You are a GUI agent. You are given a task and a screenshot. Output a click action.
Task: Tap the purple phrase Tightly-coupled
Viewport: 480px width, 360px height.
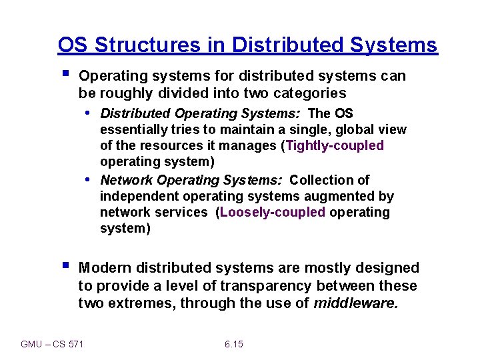tap(335, 145)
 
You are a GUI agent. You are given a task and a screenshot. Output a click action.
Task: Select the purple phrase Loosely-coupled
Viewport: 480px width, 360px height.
tap(273, 212)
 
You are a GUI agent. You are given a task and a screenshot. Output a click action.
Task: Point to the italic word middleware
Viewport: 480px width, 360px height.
tap(356, 303)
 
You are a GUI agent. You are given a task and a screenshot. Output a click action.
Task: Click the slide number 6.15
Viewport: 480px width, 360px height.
tap(233, 344)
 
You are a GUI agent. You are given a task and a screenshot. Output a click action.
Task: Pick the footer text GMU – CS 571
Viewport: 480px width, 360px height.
tap(53, 344)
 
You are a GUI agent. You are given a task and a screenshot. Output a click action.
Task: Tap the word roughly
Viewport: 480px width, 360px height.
tap(123, 93)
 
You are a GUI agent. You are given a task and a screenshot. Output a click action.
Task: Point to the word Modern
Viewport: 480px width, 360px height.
tap(105, 268)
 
